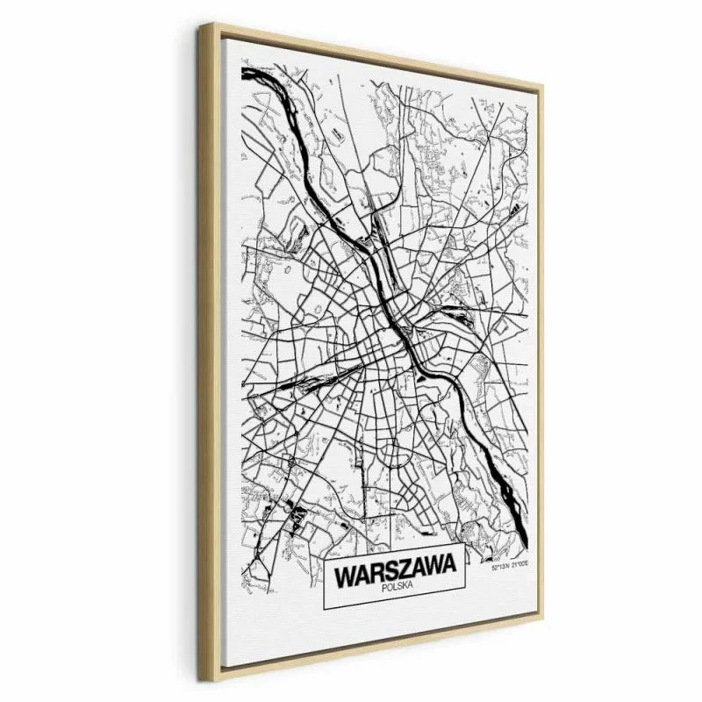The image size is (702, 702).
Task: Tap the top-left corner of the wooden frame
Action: coord(202,25)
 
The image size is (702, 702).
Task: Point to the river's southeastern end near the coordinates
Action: coord(523,537)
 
